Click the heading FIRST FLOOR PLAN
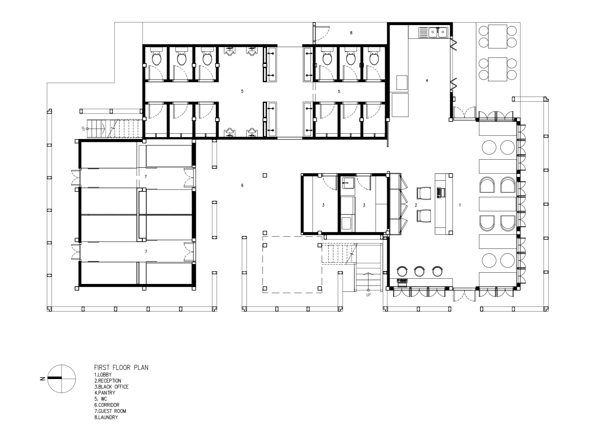point(121,367)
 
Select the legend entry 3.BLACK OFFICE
point(111,387)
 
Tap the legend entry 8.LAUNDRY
point(106,417)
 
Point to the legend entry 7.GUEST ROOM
point(110,411)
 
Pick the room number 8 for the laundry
point(351,33)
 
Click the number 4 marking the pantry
point(427,81)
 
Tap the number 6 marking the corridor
point(242,185)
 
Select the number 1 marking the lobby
point(460,205)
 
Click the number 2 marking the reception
point(416,205)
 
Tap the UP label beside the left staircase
point(83,128)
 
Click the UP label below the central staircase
point(368,295)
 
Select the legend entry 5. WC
point(101,399)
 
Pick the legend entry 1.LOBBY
point(103,375)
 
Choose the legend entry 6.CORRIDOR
point(107,405)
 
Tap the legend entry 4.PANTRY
point(105,393)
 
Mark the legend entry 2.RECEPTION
point(108,381)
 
